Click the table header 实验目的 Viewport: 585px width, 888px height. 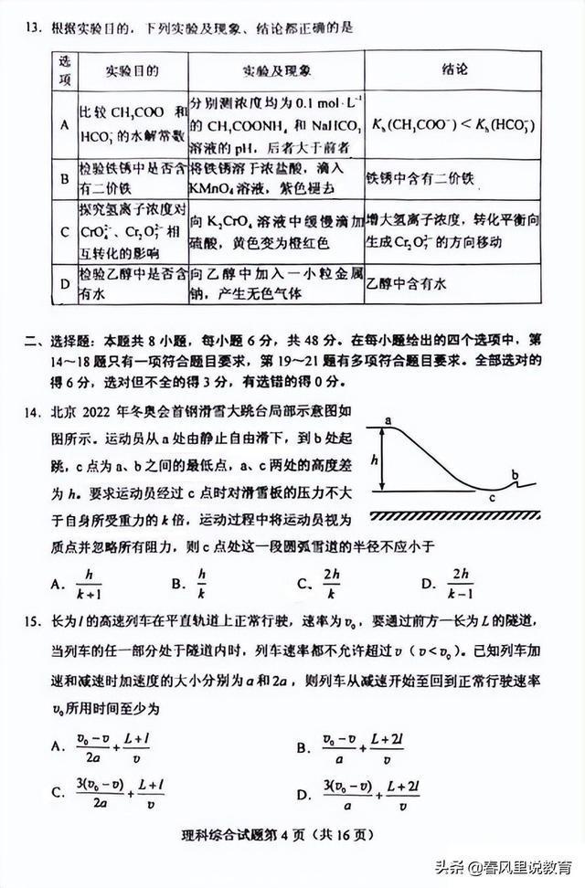point(132,70)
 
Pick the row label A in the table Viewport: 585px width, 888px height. point(64,125)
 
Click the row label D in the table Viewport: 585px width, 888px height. point(64,283)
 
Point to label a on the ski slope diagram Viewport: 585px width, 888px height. point(388,421)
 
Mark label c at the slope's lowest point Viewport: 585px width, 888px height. point(492,499)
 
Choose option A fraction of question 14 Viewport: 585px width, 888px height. point(89,581)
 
